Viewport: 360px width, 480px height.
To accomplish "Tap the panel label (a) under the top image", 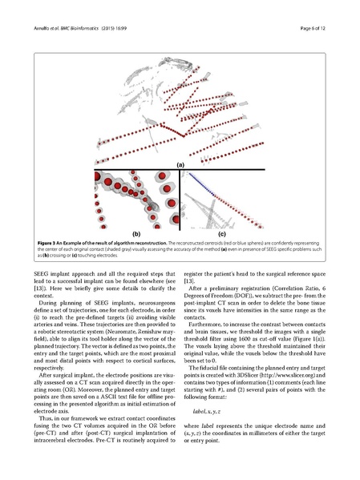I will (180, 163).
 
